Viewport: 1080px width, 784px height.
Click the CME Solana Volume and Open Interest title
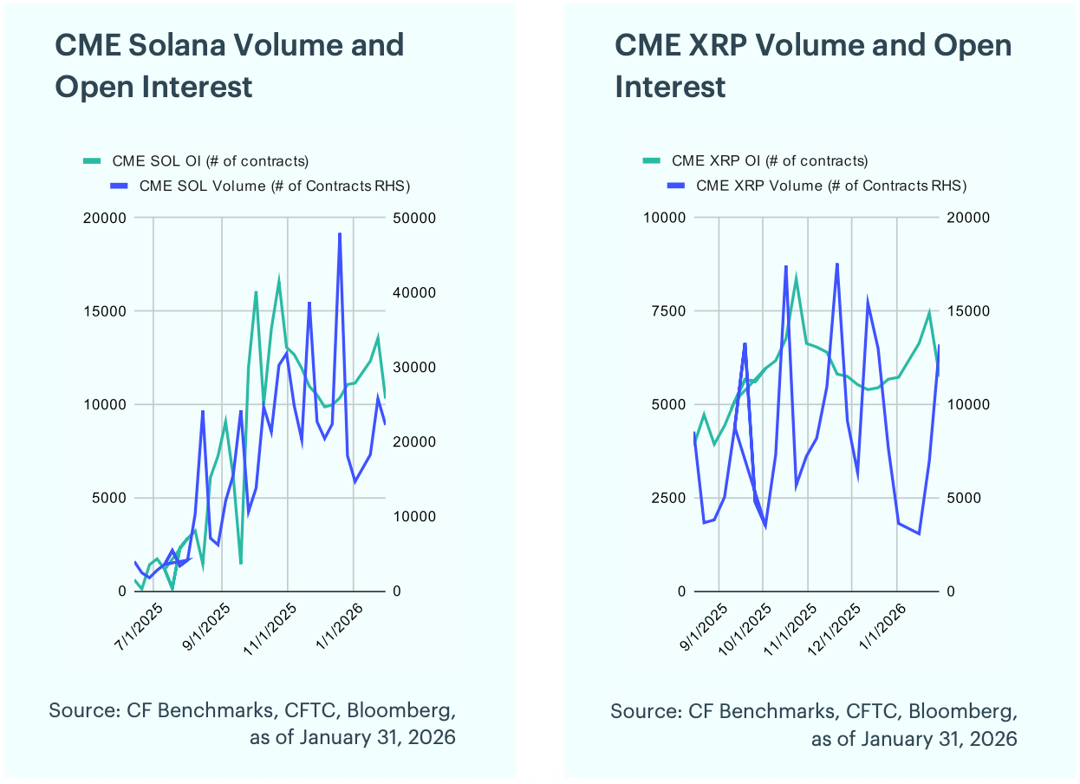[x=229, y=66]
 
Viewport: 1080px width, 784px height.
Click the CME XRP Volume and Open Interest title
[x=813, y=66]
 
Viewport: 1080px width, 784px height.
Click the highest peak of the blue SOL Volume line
[x=340, y=233]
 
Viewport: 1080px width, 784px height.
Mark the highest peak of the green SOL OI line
[x=279, y=279]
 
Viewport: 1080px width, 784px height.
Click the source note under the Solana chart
[x=252, y=724]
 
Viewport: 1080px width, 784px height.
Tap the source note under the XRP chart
[x=813, y=724]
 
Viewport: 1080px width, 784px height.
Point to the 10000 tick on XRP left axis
[x=666, y=218]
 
